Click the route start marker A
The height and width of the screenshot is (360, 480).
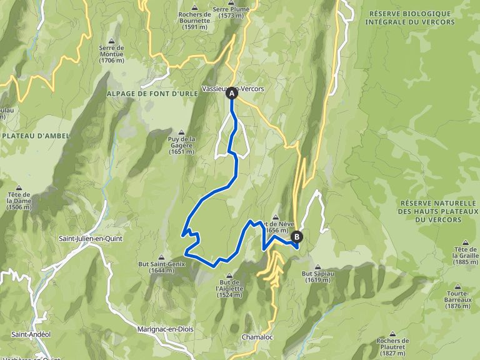(232, 93)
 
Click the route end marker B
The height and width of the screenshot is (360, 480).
(296, 237)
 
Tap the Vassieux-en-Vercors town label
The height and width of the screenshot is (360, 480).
(233, 89)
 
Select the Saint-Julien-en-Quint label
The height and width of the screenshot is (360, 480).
(90, 239)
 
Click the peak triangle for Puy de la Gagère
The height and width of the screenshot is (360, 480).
(182, 132)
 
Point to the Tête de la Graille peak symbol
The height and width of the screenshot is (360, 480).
(465, 242)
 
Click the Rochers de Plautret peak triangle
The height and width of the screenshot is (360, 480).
(392, 333)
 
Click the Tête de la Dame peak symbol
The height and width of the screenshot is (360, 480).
(19, 187)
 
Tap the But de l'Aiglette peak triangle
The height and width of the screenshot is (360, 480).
(229, 274)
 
